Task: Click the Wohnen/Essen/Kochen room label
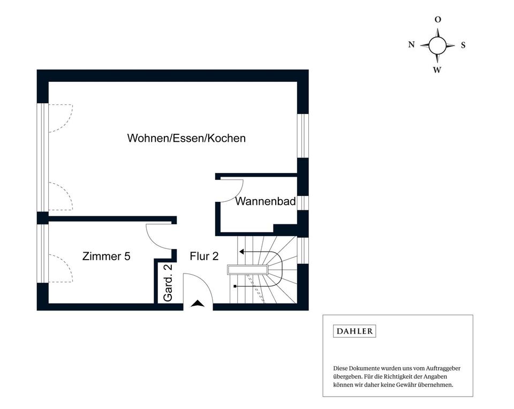click(x=186, y=138)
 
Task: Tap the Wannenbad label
click(x=266, y=202)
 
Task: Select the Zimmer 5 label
click(x=106, y=256)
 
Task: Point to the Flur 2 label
click(x=204, y=256)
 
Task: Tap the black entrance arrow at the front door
click(x=198, y=304)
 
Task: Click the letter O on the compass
click(x=437, y=19)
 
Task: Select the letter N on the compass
click(x=411, y=45)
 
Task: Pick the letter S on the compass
click(x=463, y=46)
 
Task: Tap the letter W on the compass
click(x=437, y=70)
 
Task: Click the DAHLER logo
click(x=354, y=331)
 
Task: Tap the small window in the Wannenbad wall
click(x=303, y=203)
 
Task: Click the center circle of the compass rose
click(x=437, y=46)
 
